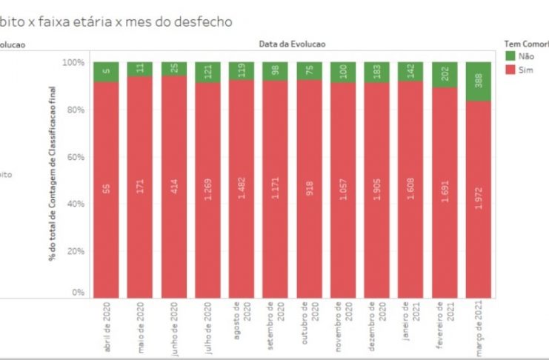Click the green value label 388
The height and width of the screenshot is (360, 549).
(479, 81)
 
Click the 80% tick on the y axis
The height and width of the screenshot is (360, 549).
(75, 110)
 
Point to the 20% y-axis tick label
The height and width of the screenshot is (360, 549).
(75, 251)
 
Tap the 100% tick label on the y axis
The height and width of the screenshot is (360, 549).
(73, 62)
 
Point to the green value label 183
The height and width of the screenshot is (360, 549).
(378, 72)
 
